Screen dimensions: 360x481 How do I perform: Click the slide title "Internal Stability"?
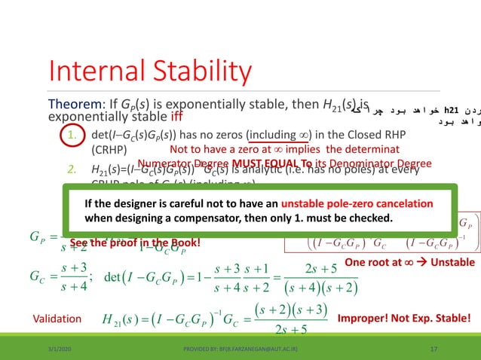[x=149, y=72]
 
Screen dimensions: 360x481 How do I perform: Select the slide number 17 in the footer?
[x=433, y=349]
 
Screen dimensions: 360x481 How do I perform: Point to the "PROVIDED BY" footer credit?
[x=240, y=349]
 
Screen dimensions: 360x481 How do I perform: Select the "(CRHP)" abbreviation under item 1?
[x=110, y=150]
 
